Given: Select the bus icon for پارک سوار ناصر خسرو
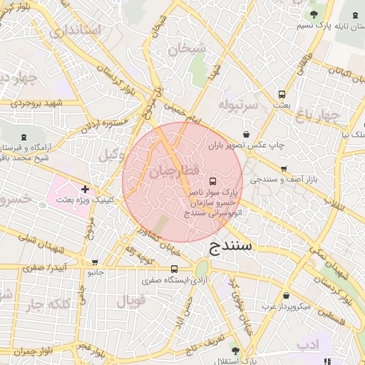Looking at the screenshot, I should click(x=212, y=180).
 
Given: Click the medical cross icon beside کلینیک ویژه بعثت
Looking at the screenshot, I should click(x=86, y=189).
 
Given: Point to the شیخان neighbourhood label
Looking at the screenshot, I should click(x=187, y=50).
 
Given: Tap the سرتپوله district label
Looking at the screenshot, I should click(x=237, y=106).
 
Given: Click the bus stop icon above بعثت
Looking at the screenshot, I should click(x=282, y=93).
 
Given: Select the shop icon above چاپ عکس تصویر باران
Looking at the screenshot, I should click(x=247, y=133).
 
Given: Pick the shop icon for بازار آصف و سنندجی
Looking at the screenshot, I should click(x=284, y=169).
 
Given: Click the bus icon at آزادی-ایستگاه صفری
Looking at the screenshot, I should click(x=175, y=269).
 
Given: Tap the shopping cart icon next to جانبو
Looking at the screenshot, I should click(x=96, y=262).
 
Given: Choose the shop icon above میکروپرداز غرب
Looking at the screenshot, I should click(x=287, y=295).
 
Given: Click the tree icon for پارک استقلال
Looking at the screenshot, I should click(x=237, y=351).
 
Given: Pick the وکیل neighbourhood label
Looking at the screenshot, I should click(x=112, y=155).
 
